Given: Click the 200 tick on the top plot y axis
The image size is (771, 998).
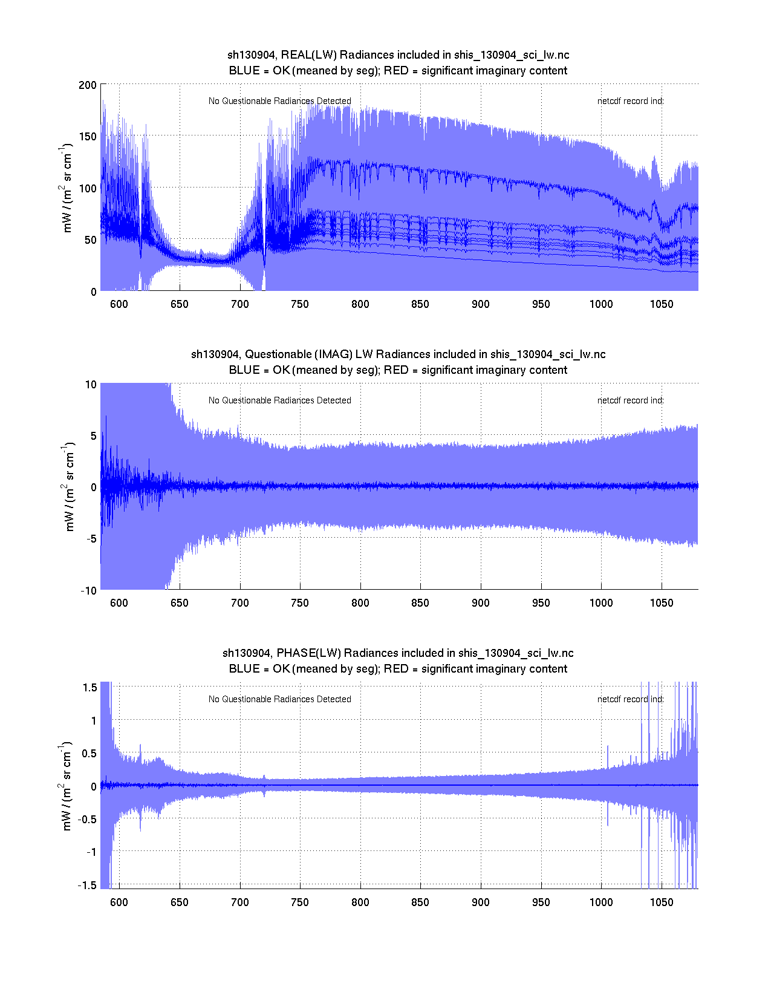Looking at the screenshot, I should point(88,85).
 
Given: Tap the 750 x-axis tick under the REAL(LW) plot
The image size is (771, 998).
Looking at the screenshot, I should point(300,304).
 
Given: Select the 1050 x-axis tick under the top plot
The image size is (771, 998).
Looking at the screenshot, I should point(662,304).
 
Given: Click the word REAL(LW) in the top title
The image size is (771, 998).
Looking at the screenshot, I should point(308,55).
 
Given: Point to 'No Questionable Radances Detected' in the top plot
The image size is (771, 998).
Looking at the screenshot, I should point(279,101).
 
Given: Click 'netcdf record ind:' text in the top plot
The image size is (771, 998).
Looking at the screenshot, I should point(630,101).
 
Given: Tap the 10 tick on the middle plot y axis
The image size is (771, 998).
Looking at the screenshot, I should point(91,385).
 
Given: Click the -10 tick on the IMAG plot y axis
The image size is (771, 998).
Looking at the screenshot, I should point(88,591).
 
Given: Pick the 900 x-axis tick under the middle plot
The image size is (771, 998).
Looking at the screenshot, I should point(481,603).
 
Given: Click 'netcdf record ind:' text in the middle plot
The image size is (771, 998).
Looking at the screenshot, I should point(630,400).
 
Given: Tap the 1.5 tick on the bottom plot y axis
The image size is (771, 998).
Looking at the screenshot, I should point(90,687).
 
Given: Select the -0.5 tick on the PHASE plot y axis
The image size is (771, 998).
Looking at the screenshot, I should point(86,819).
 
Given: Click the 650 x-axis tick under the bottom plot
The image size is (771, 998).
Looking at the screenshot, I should point(180,902).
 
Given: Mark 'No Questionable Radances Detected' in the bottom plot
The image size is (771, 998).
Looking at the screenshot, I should point(279,699).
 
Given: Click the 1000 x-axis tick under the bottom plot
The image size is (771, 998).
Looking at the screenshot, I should point(601,902).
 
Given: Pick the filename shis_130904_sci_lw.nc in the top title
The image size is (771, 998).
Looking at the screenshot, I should point(512,55).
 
